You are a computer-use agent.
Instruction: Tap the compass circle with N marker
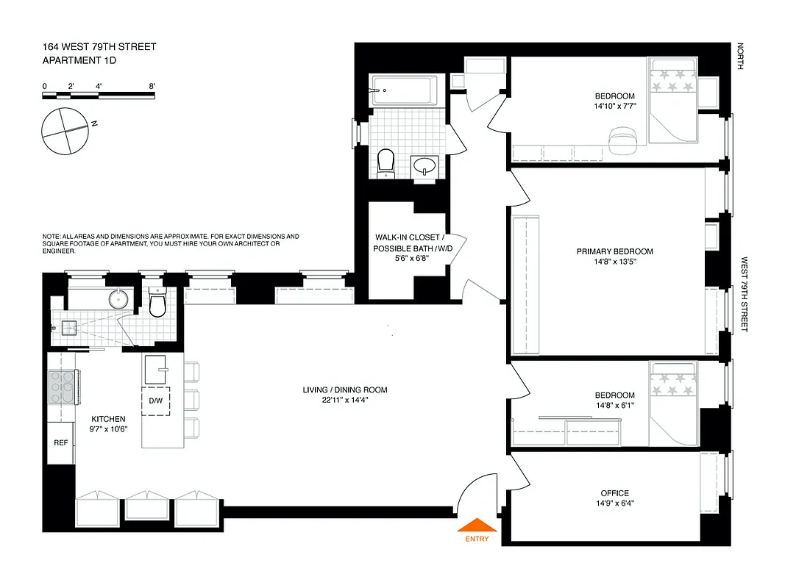[66, 131]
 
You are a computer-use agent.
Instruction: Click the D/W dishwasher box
[156, 401]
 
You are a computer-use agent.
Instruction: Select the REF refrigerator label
[60, 443]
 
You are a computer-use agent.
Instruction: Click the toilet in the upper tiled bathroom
[386, 162]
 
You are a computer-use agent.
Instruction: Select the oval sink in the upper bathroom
[425, 167]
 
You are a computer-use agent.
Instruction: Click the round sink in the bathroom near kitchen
[118, 298]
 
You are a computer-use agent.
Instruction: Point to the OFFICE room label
[614, 493]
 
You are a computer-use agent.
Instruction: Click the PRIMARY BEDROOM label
[614, 251]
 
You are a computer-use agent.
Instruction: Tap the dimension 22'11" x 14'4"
[344, 401]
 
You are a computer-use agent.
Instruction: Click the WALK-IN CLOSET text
[408, 237]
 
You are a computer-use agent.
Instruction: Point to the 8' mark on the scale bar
[152, 87]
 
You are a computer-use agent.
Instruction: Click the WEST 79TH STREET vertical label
[744, 294]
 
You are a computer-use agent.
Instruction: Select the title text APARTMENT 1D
[79, 61]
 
